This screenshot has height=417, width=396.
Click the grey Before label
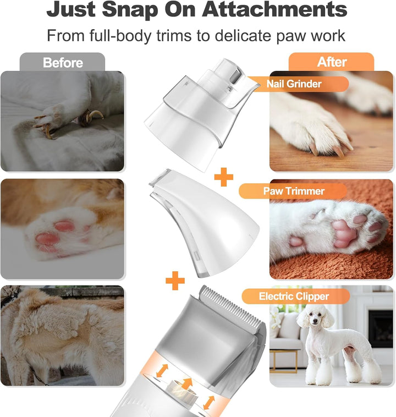[x=62, y=62]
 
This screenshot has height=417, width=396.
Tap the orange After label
[x=332, y=62]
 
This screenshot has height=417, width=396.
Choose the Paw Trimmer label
[x=294, y=191]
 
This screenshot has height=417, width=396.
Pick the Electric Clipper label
[x=294, y=297]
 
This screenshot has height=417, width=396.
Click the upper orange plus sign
[x=223, y=177]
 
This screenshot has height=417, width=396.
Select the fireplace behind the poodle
[x=380, y=328]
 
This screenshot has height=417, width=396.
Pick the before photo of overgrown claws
[x=62, y=121]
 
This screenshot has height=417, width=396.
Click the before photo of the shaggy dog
[x=62, y=335]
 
